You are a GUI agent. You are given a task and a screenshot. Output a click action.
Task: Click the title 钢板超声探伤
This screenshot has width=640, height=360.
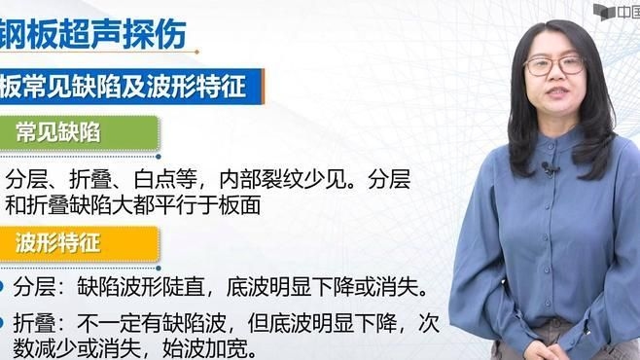(x=92, y=31)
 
